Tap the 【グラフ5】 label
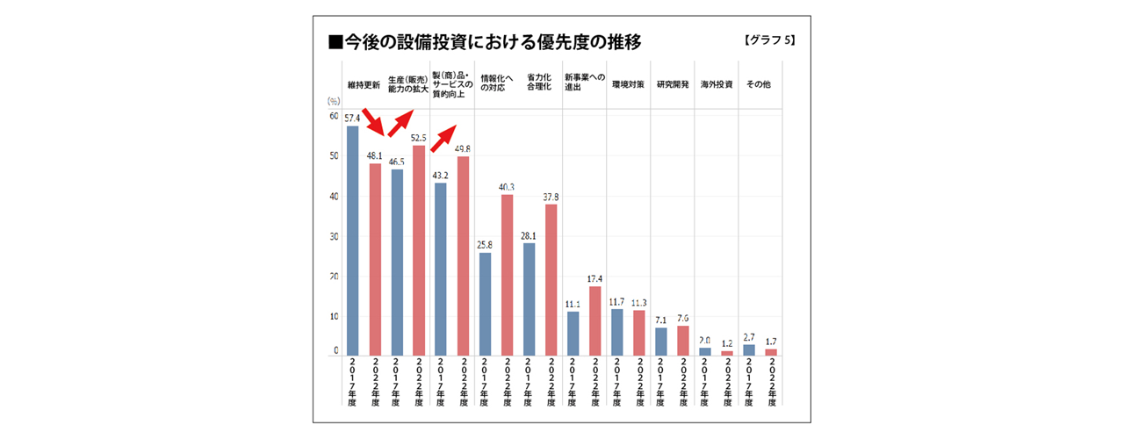point(768,41)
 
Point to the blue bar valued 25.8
point(485,304)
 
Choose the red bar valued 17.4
point(594,320)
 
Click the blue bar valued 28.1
point(529,299)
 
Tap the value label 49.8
point(463,149)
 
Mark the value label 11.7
point(616,302)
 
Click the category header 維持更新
point(364,86)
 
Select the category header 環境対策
point(628,86)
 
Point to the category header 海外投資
point(716,86)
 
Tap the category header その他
point(758,86)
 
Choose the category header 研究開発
point(672,86)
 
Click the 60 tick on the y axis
point(334,116)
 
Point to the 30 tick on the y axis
point(334,236)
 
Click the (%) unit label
point(334,103)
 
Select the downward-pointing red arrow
point(373,124)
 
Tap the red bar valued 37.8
point(551,280)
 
